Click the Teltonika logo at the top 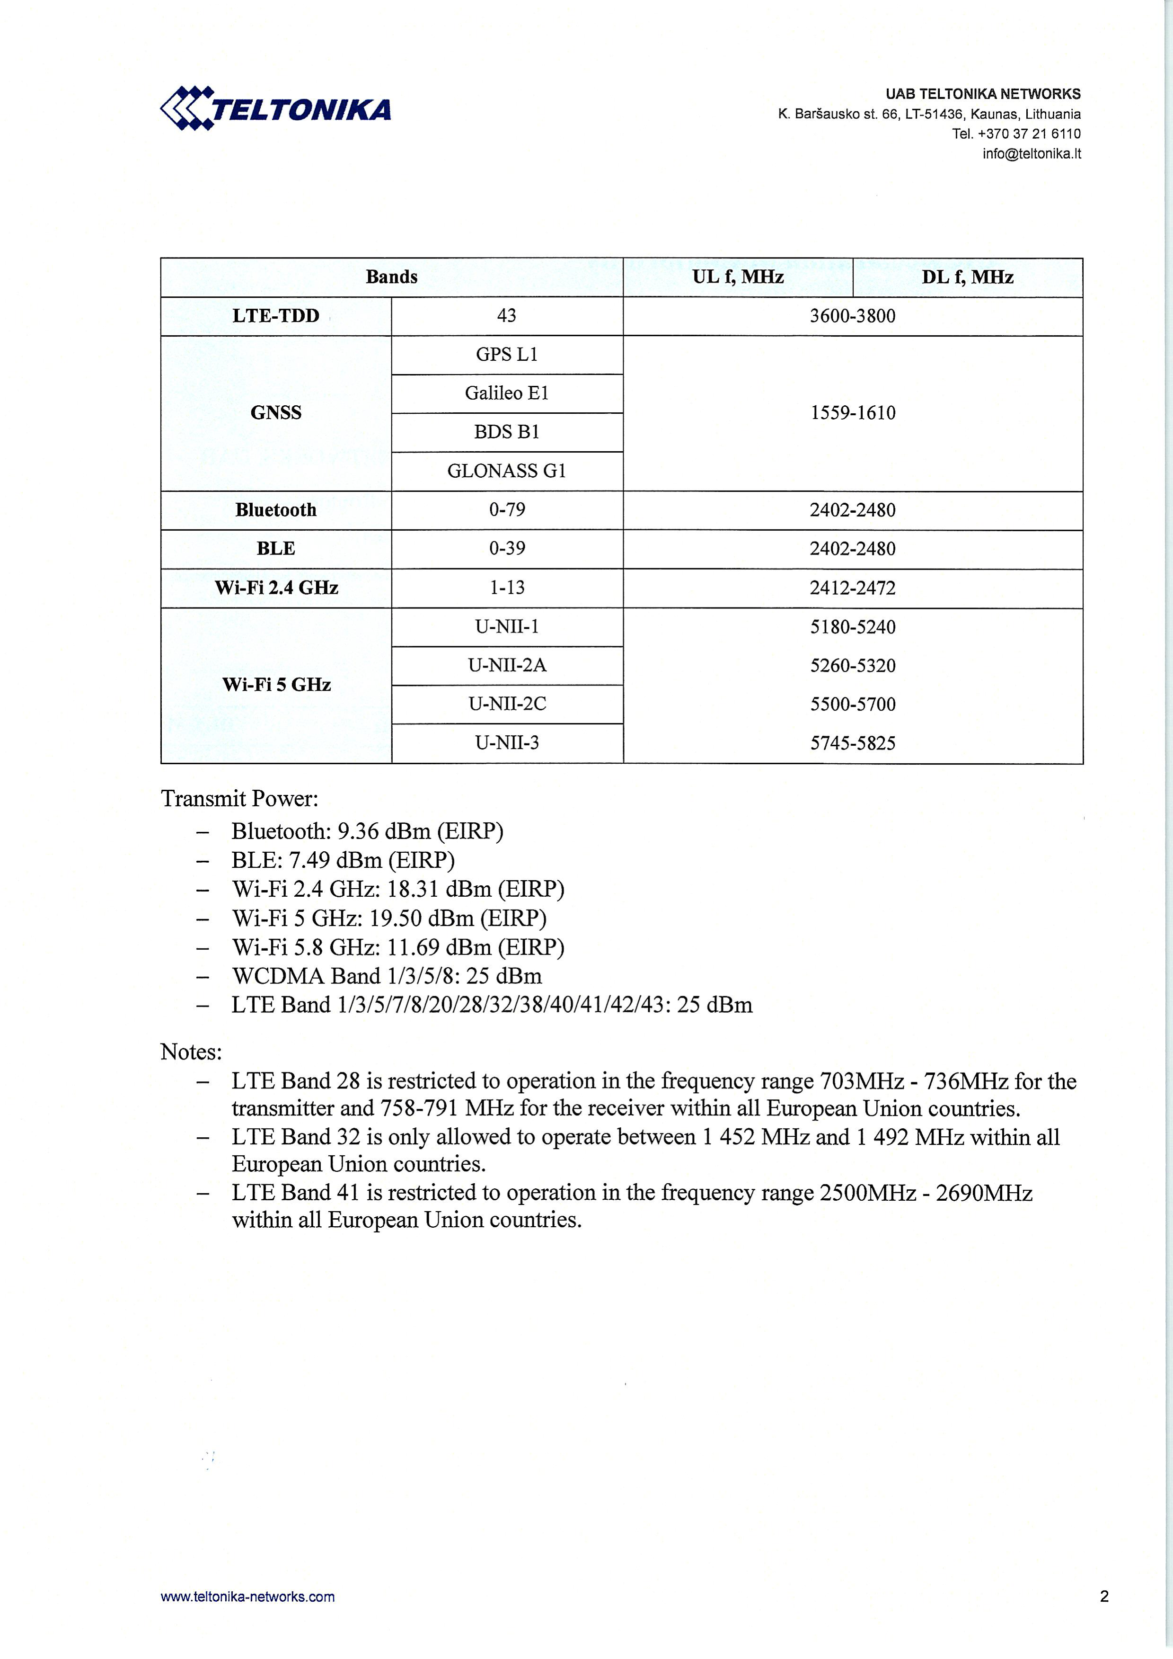[x=275, y=109]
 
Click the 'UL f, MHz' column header [x=738, y=277]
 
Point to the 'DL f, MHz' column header [x=967, y=277]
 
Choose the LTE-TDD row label [x=275, y=316]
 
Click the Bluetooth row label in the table [x=275, y=510]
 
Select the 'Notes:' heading [x=191, y=1052]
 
